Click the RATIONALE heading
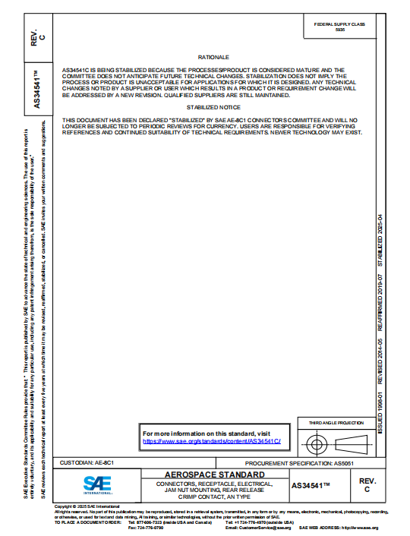point(213,57)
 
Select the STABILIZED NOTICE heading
point(213,109)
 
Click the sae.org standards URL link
point(212,441)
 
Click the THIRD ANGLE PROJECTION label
point(336,422)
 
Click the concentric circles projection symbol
point(315,443)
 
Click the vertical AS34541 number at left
point(37,91)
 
